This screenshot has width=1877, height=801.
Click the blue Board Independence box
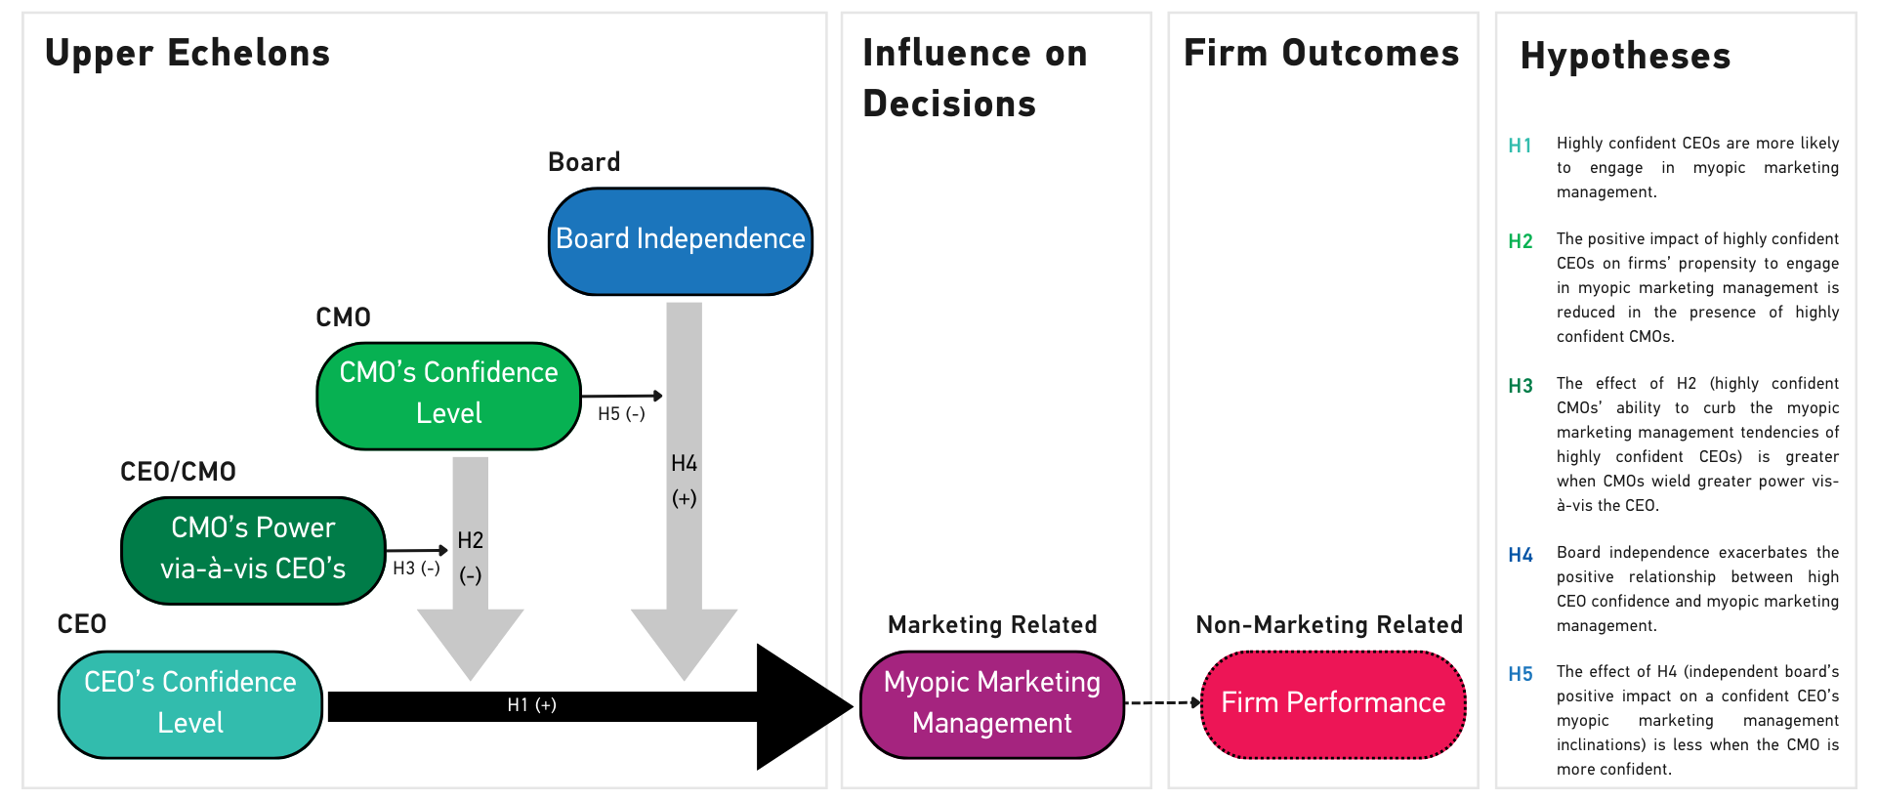click(680, 240)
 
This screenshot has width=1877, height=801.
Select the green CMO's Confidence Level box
click(448, 395)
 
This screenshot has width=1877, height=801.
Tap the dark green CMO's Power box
click(253, 549)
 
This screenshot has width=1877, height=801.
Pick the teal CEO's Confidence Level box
click(190, 703)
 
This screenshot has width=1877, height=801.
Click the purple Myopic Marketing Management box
click(991, 703)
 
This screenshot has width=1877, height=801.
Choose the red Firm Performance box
click(1333, 703)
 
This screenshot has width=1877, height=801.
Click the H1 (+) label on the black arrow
click(531, 705)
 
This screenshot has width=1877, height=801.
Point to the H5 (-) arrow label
click(621, 414)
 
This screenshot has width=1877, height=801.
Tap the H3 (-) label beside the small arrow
click(416, 569)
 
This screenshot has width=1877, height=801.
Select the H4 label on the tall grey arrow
click(684, 464)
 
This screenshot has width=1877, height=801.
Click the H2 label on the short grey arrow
click(470, 540)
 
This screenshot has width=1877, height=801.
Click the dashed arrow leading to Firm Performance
click(1162, 702)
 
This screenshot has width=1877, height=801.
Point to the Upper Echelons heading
click(188, 53)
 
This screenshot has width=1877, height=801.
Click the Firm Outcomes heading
click(1321, 53)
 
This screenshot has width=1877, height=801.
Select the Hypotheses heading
click(1625, 56)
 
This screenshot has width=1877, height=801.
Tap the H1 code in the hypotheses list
click(1520, 146)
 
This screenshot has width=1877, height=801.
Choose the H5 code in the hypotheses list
click(1520, 674)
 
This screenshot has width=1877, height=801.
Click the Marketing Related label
click(992, 625)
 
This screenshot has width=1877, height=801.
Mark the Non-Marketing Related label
click(1329, 625)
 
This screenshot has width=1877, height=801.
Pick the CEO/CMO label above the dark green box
click(178, 472)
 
